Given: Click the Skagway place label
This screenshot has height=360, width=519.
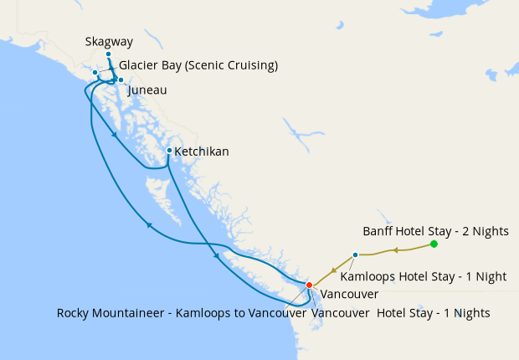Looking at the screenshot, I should pyautogui.click(x=109, y=41).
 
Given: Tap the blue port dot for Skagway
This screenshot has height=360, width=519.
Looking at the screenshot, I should pyautogui.click(x=108, y=54).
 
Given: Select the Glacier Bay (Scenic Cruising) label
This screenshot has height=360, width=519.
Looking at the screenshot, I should pyautogui.click(x=198, y=65).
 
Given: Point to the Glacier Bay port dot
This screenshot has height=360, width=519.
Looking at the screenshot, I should pyautogui.click(x=95, y=73).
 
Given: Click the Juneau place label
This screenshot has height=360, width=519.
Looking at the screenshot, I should pyautogui.click(x=147, y=88).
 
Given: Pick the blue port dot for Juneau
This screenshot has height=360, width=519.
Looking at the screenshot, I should pyautogui.click(x=121, y=80).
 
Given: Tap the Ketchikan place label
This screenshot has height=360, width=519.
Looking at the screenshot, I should pyautogui.click(x=201, y=152).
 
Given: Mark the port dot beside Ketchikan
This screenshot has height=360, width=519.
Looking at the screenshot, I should pyautogui.click(x=169, y=151).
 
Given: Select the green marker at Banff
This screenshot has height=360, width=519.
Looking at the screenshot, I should pyautogui.click(x=434, y=244).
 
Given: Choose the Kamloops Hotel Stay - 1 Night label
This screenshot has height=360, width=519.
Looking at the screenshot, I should pyautogui.click(x=434, y=276).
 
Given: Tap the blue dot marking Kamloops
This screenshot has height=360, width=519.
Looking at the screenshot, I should pyautogui.click(x=356, y=255).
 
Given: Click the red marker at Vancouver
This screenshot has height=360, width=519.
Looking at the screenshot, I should pyautogui.click(x=309, y=285).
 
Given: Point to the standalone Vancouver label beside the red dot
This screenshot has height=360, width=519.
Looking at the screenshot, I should pyautogui.click(x=350, y=295).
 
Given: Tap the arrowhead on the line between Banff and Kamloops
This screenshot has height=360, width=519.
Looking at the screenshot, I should pyautogui.click(x=393, y=249).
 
